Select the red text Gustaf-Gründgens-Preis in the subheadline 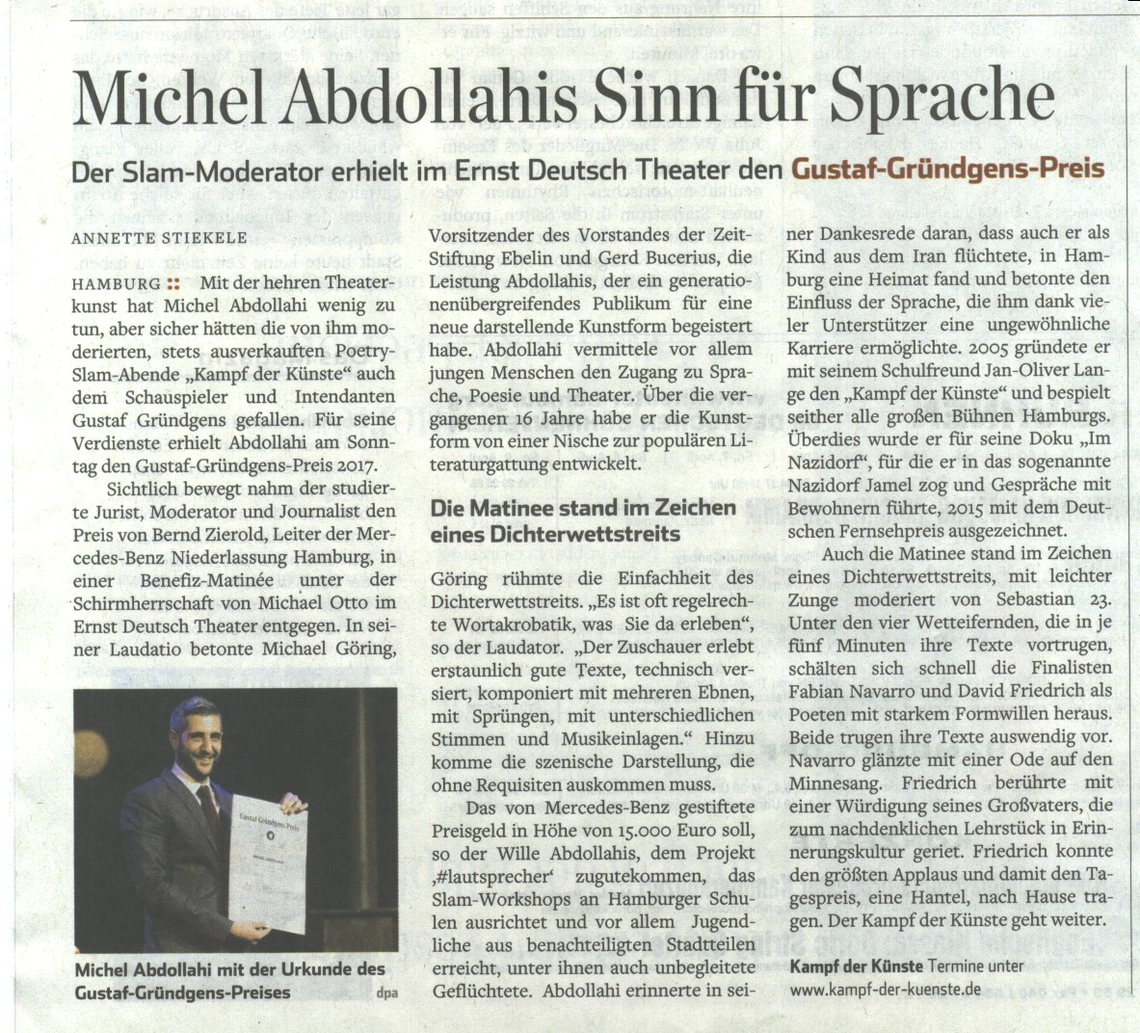[947, 170]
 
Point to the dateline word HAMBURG [116, 284]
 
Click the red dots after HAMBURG [173, 284]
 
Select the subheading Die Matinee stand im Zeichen [582, 508]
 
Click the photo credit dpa [387, 993]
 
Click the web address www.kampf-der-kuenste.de [884, 989]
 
